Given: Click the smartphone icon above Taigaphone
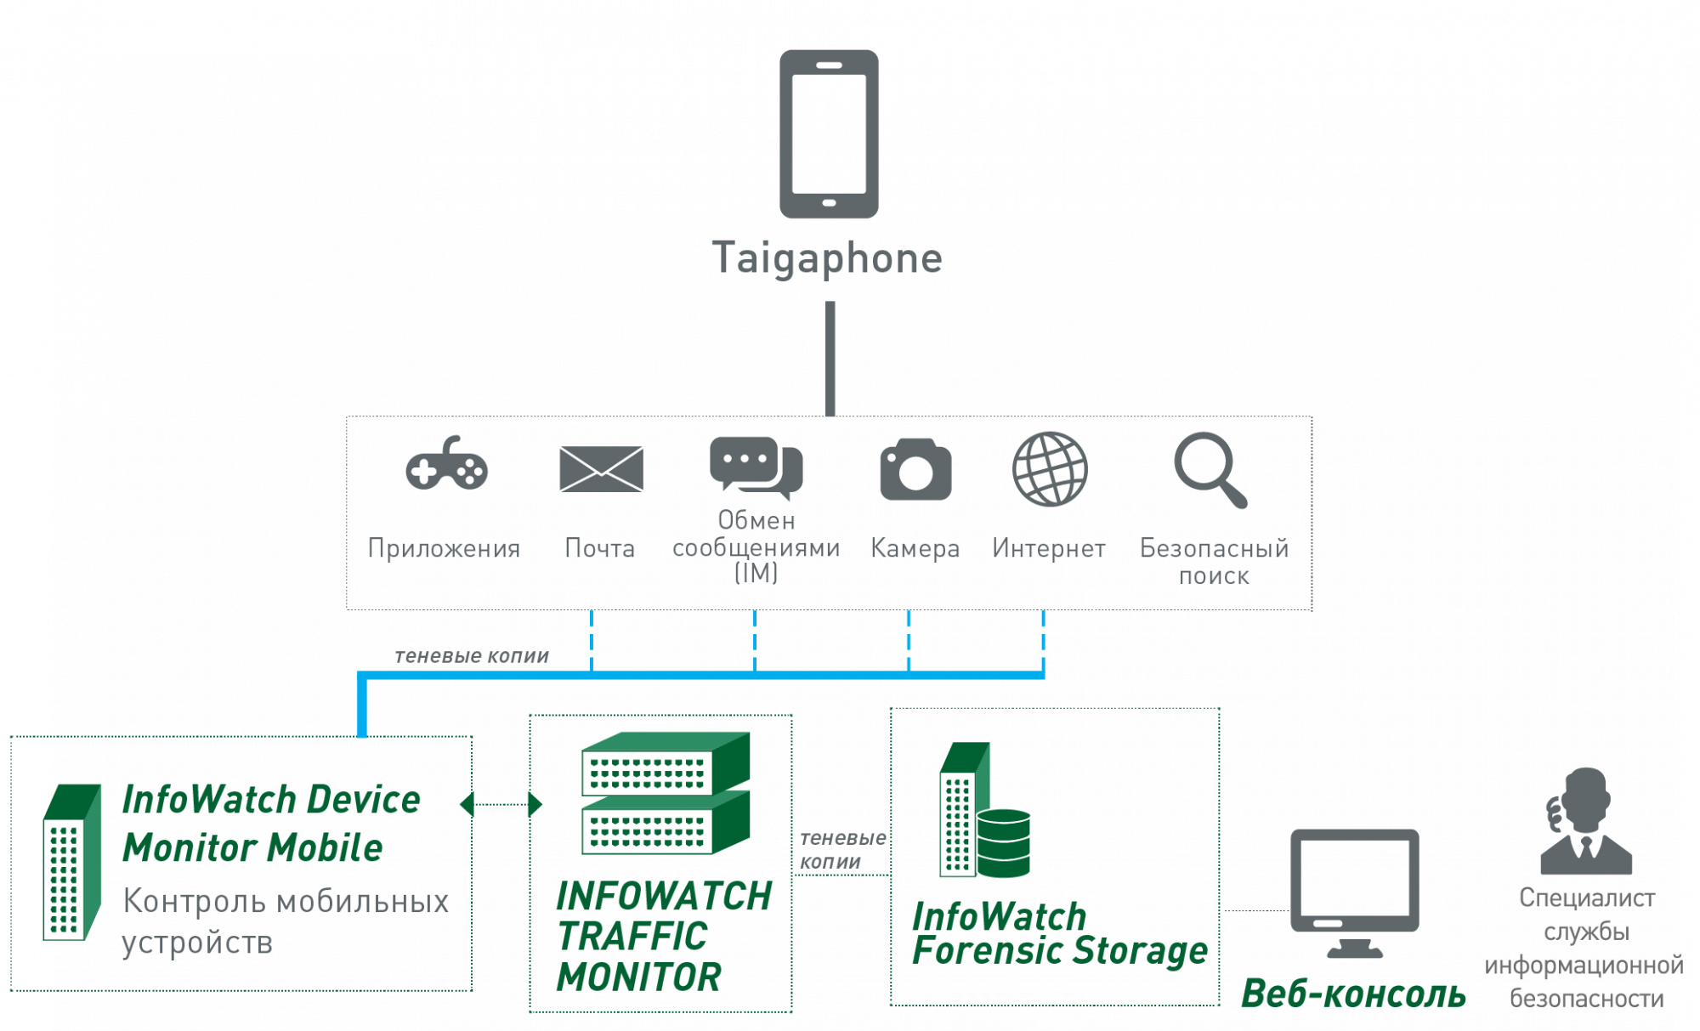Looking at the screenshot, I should [829, 133].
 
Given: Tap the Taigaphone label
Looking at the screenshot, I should [827, 258].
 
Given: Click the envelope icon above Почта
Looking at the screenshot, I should [601, 468].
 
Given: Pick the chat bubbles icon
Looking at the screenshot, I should [755, 466].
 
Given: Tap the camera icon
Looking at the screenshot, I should [915, 470].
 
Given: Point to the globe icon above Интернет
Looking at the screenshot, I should [1050, 469].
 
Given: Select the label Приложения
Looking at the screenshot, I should [444, 549].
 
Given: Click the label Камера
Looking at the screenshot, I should [915, 549].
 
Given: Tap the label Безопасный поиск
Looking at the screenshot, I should [1213, 562].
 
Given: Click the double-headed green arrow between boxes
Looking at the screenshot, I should [501, 803].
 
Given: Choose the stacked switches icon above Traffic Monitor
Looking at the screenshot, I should [666, 792].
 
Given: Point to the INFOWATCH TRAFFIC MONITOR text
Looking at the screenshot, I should [663, 936].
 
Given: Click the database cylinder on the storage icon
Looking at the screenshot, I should [1004, 842].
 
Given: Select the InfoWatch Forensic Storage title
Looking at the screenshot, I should [1058, 934].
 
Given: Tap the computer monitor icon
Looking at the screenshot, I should [1354, 892].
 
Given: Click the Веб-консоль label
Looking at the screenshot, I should [1353, 994].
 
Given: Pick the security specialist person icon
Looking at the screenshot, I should [1586, 822].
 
